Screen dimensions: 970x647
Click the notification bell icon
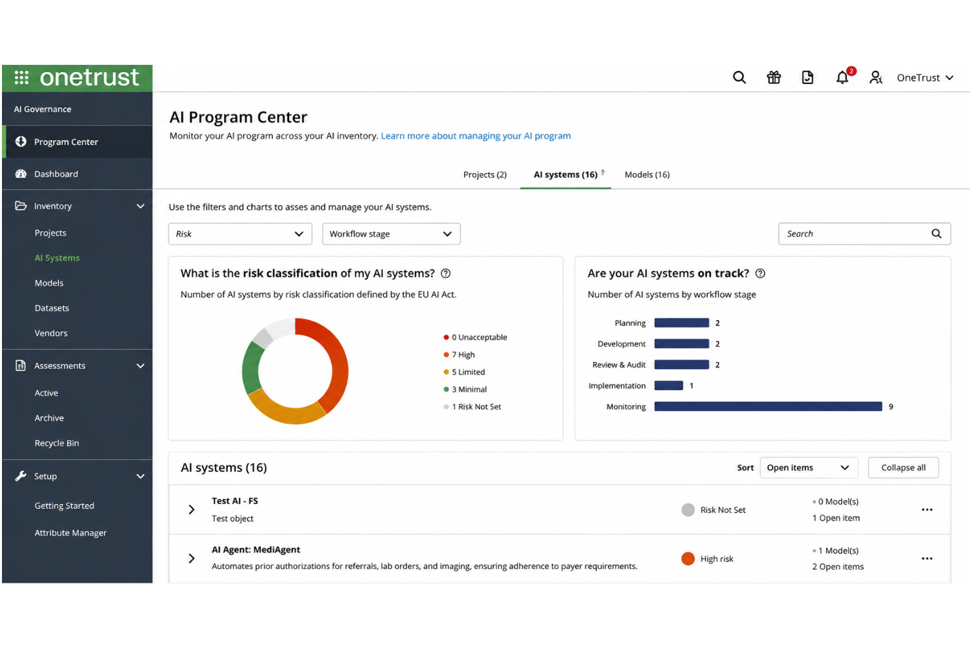pos(842,77)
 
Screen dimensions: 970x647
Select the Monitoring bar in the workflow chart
pos(768,406)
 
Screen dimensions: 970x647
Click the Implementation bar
pos(669,385)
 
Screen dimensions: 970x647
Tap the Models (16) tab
pos(647,174)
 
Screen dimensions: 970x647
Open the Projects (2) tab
pos(485,174)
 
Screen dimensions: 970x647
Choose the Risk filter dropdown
pos(240,234)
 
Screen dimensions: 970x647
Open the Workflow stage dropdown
pos(391,234)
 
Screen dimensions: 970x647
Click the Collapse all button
pos(903,467)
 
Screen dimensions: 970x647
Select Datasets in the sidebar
pos(52,308)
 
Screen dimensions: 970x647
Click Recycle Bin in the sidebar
pos(57,443)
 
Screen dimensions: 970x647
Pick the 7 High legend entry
pos(459,355)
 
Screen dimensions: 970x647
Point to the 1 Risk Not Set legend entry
pos(472,406)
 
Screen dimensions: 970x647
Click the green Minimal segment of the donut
pos(251,368)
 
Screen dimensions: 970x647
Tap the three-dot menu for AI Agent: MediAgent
pos(927,559)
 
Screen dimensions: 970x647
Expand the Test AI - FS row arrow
pos(191,510)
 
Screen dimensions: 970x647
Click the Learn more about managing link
pos(476,136)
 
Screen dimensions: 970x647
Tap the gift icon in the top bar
pos(774,77)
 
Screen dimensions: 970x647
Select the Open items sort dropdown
pos(809,467)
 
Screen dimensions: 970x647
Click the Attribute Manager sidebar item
pos(71,533)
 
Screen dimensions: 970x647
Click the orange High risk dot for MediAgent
pos(688,559)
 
